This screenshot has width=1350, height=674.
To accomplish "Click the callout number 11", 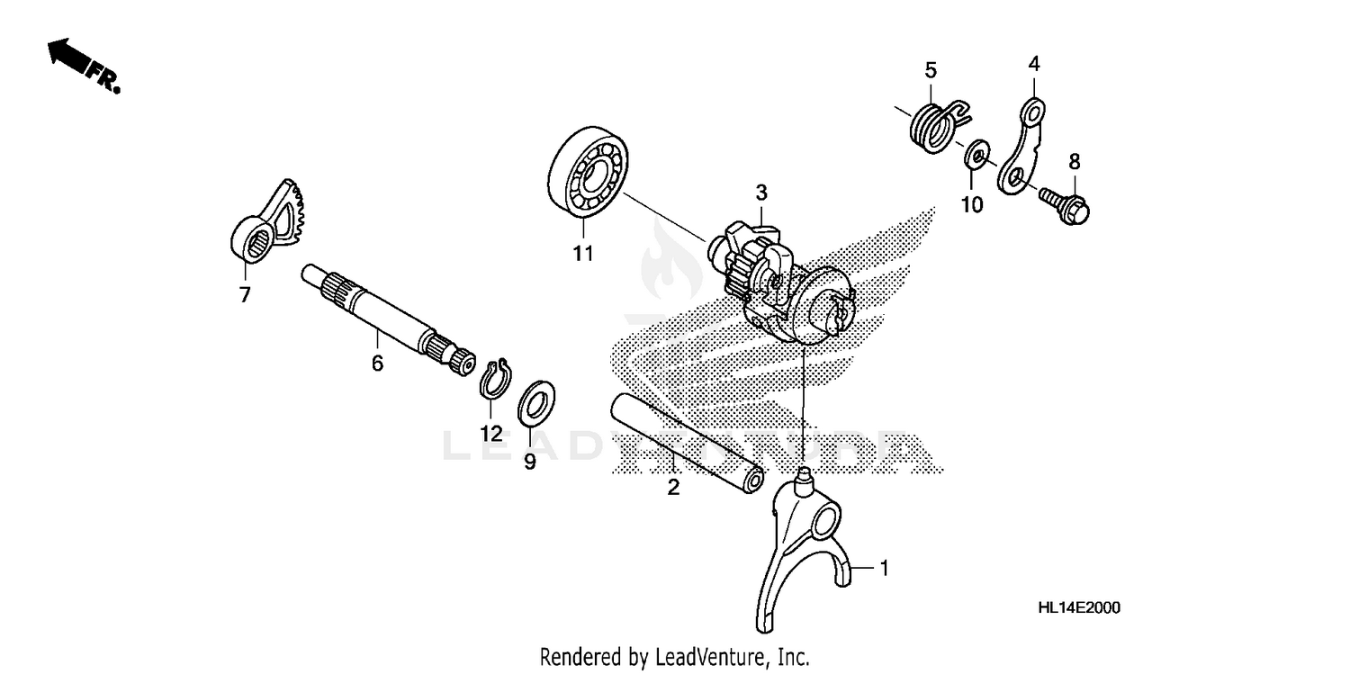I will click(x=583, y=254).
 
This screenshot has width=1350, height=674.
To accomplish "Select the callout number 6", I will click(x=377, y=364).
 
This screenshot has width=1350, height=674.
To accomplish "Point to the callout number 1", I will click(x=884, y=568).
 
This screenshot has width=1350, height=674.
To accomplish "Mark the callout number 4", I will click(x=1034, y=64).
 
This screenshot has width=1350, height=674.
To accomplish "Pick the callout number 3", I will click(x=761, y=192).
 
